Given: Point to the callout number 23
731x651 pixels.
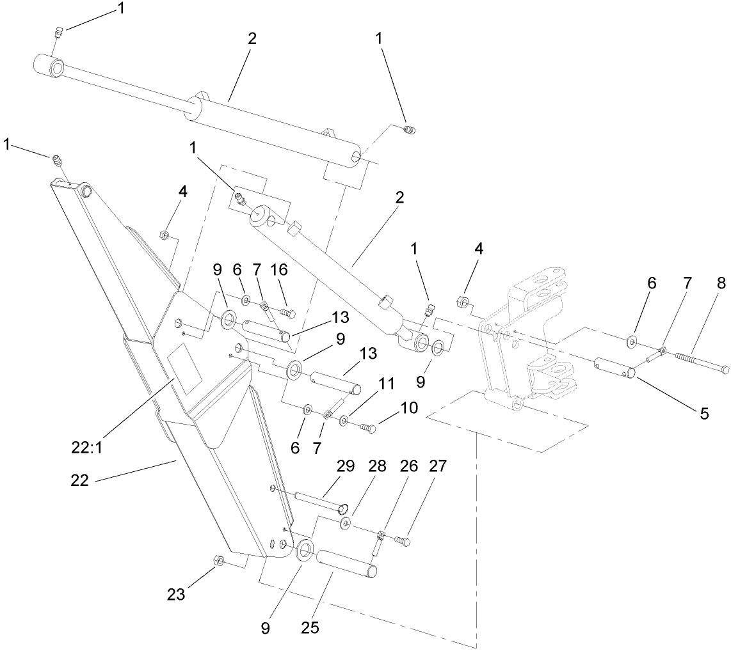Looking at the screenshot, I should pos(176,594).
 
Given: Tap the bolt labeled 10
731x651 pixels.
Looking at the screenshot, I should pos(368,428).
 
